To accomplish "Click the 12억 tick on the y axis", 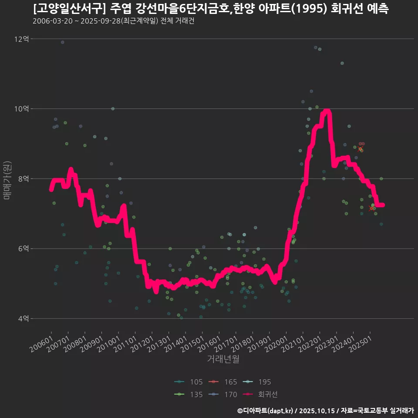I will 21,39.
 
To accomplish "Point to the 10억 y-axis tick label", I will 21,109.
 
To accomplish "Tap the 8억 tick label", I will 23,179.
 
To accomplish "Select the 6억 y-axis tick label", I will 23,249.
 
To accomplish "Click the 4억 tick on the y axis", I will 23,319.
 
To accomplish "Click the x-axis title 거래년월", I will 223,359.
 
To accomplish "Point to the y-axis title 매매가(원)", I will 7,180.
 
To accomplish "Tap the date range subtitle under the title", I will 113,21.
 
